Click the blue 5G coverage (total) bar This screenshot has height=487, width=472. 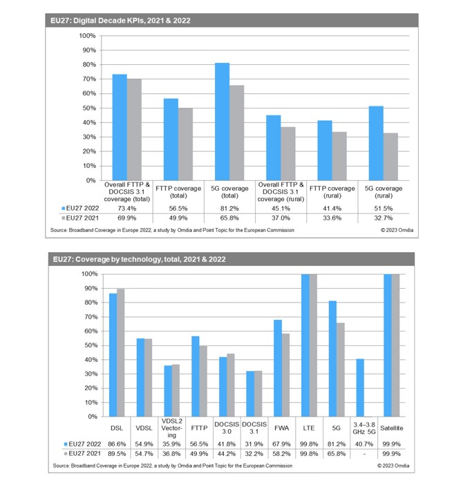tap(222, 122)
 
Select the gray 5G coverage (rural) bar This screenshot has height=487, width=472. tap(390, 157)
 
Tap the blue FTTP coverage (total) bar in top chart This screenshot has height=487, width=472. tap(171, 140)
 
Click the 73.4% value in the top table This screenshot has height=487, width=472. tap(126, 209)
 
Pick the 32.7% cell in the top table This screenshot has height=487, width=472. tap(384, 218)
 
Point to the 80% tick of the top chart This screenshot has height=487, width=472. tap(89, 65)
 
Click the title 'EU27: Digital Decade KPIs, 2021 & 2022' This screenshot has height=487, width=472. tap(120, 21)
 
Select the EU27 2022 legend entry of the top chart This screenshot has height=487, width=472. tap(80, 209)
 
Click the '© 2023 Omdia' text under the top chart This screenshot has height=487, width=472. tap(397, 230)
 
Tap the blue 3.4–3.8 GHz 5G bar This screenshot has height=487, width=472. tap(360, 388)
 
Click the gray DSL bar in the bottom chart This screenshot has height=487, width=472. tap(120, 353)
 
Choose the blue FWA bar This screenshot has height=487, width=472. tap(278, 368)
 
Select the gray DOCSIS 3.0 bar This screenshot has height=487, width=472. tap(231, 385)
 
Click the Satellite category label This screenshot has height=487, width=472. tap(392, 428)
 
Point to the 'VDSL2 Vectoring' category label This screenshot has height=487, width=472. tap(171, 428)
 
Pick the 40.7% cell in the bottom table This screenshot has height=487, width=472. tap(364, 444)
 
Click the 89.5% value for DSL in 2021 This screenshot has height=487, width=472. tap(117, 454)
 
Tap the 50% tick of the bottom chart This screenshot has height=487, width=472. tap(91, 345)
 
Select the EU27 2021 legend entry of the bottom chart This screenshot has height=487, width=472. tap(82, 453)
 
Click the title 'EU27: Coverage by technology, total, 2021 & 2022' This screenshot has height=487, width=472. tap(139, 259)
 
